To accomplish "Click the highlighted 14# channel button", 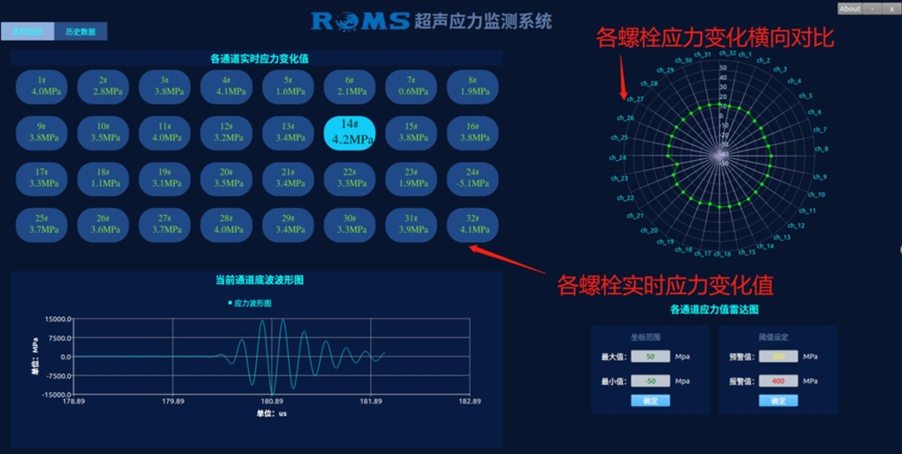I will pyautogui.click(x=349, y=133).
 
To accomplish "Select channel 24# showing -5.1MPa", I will pyautogui.click(x=472, y=179).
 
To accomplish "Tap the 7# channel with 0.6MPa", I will pyautogui.click(x=411, y=86).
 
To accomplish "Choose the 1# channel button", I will pyautogui.click(x=42, y=86).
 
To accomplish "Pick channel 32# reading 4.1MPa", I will pyautogui.click(x=472, y=225).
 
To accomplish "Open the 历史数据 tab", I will pyautogui.click(x=81, y=32).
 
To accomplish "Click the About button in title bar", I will pyautogui.click(x=850, y=9).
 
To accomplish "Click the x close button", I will pyautogui.click(x=891, y=9).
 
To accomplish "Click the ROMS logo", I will pyautogui.click(x=360, y=21).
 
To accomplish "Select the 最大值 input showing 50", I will pyautogui.click(x=651, y=357).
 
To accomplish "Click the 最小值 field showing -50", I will pyautogui.click(x=651, y=381).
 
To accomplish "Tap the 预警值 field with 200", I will pyautogui.click(x=778, y=357).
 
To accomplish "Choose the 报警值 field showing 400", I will pyautogui.click(x=778, y=381).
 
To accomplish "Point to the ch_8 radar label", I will pyautogui.click(x=820, y=149).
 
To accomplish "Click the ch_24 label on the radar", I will pyautogui.click(x=618, y=158).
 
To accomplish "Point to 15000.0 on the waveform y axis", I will pyautogui.click(x=55, y=319).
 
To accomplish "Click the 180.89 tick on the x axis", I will pyautogui.click(x=272, y=402).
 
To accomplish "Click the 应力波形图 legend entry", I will pyautogui.click(x=253, y=304).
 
